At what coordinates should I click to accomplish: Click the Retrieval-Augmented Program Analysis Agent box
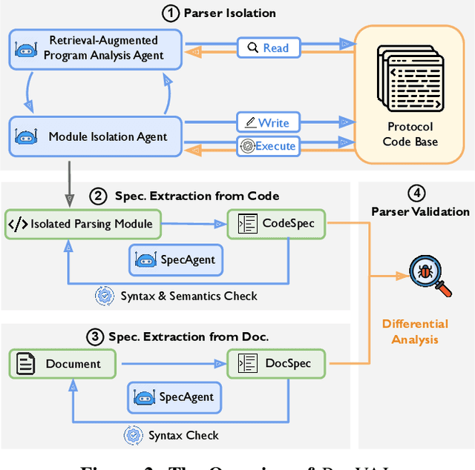[x=96, y=48]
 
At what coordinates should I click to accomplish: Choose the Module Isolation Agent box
[x=96, y=136]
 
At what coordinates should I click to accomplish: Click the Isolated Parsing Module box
[x=82, y=224]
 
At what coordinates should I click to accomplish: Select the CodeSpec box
[x=276, y=224]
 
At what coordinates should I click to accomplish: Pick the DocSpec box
[x=276, y=363]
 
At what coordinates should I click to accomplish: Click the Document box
[x=63, y=363]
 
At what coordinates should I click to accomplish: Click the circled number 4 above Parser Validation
[x=419, y=194]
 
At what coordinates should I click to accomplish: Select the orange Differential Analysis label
[x=415, y=331]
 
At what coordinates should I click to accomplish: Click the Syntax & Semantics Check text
[x=189, y=296]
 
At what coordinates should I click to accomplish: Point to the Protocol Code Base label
[x=410, y=133]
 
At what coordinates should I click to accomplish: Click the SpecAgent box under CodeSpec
[x=176, y=260]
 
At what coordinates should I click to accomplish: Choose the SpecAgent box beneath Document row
[x=176, y=397]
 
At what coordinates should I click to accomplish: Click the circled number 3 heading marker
[x=95, y=336]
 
